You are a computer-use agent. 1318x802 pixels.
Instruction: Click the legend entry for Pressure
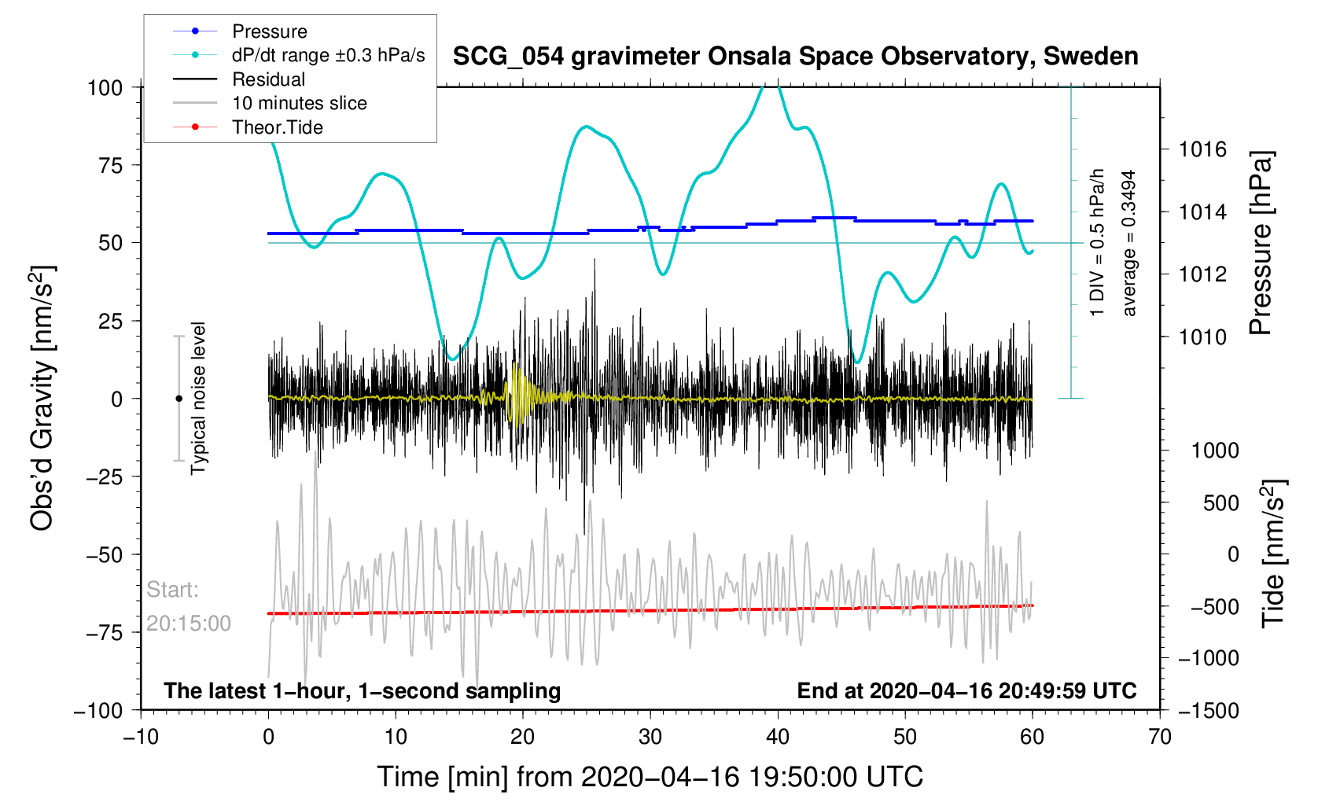coord(269,31)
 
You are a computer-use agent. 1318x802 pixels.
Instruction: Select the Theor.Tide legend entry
coord(277,127)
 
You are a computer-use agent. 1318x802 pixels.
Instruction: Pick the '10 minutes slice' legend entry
coord(299,103)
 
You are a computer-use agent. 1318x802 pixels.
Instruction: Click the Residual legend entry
coord(268,79)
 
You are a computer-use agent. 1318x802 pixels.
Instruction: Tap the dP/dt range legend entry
coord(328,55)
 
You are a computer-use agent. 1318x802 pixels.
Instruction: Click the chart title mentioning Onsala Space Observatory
coord(795,57)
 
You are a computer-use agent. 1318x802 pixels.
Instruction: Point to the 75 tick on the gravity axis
coord(105,165)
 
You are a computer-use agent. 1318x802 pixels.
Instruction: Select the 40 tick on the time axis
coord(777,737)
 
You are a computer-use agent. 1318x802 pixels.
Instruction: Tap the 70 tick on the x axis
coord(1159,737)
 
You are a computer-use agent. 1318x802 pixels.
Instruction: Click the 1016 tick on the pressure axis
coord(1202,149)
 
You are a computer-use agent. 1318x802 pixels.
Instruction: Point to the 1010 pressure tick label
coord(1202,337)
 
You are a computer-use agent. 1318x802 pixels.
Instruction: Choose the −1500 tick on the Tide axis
coord(1209,710)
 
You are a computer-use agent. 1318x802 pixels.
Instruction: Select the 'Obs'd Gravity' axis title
coord(42,399)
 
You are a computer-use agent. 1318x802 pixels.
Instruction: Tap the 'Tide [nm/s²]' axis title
coord(1272,554)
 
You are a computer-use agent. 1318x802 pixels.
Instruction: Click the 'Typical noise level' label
coord(198,398)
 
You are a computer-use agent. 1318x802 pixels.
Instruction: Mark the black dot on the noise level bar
coord(179,399)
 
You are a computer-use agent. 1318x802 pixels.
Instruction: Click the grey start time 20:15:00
coord(189,624)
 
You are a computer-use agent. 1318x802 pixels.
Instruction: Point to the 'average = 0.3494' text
coord(1129,243)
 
